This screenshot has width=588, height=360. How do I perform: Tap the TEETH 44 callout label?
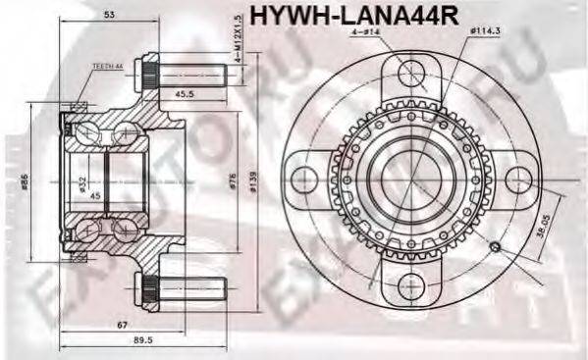coord(106,66)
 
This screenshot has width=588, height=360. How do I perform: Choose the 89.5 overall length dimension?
coord(143,342)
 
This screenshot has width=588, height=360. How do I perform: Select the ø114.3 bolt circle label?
coord(485,32)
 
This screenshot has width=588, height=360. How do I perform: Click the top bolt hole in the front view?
coord(408,76)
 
